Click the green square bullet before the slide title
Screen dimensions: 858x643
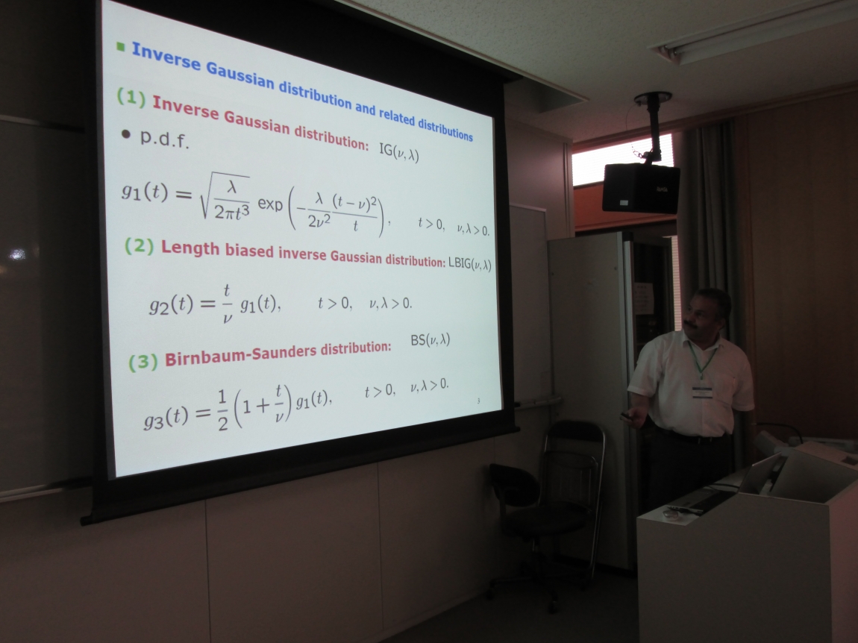(x=121, y=47)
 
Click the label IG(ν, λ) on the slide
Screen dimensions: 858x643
(x=399, y=152)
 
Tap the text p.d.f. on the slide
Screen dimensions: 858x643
(x=164, y=140)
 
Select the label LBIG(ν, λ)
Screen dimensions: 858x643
(x=469, y=264)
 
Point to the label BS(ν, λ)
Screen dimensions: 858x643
(x=430, y=340)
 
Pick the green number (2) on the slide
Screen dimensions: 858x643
(x=139, y=245)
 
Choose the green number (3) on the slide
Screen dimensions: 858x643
(x=143, y=362)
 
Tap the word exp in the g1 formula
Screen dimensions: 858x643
(x=270, y=204)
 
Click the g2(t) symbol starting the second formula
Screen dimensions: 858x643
(x=171, y=304)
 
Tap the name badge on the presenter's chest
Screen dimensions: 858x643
(x=702, y=392)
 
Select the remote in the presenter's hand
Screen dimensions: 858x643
(x=627, y=417)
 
